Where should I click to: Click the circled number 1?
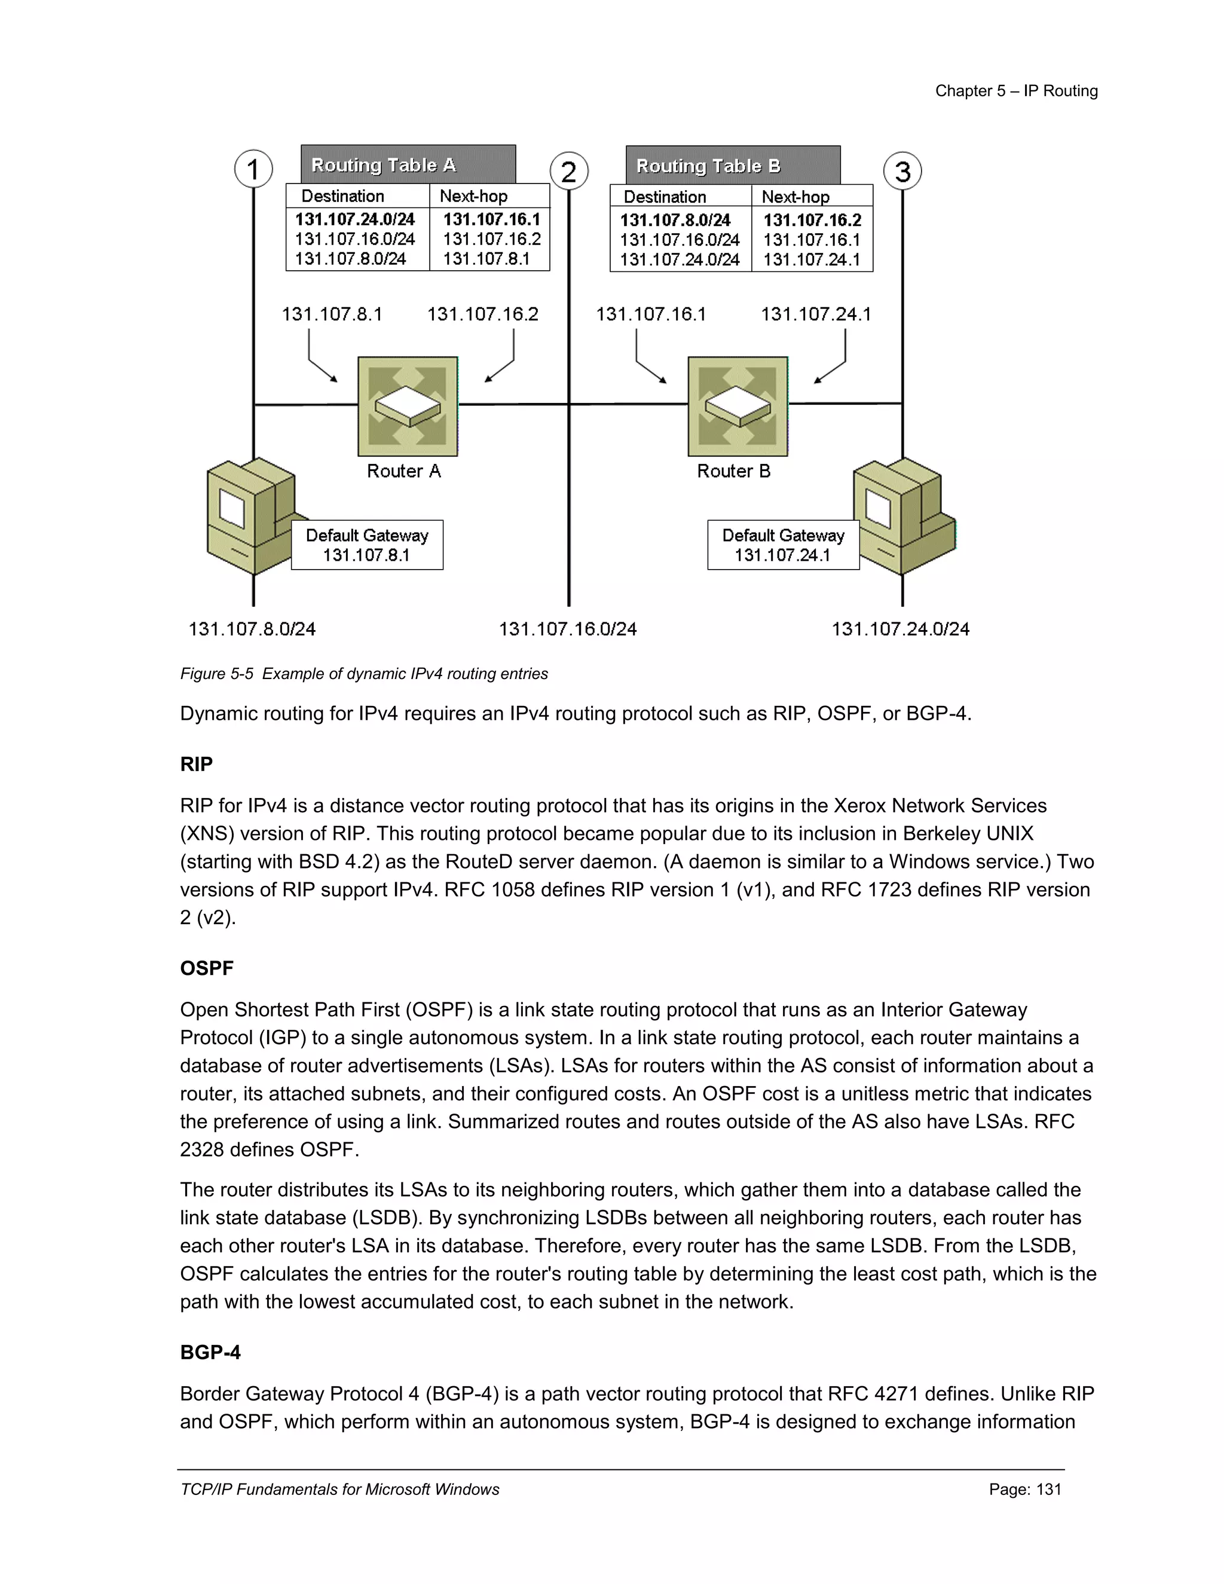(253, 169)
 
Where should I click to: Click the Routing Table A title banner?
(408, 164)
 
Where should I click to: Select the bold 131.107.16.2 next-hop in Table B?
(812, 220)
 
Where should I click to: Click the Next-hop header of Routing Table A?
(473, 196)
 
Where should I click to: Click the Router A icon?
(408, 406)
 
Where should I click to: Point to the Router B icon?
(738, 406)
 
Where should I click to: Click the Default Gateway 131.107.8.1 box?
(367, 545)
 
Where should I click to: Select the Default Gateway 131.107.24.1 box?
(783, 545)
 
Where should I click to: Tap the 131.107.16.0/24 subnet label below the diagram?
(567, 629)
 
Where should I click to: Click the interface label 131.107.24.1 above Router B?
(815, 314)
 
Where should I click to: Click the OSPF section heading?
(207, 968)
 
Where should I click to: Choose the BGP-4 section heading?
(210, 1352)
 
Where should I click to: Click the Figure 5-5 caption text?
(364, 674)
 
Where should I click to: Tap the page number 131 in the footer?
(1024, 1489)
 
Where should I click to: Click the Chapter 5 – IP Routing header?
(1016, 91)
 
